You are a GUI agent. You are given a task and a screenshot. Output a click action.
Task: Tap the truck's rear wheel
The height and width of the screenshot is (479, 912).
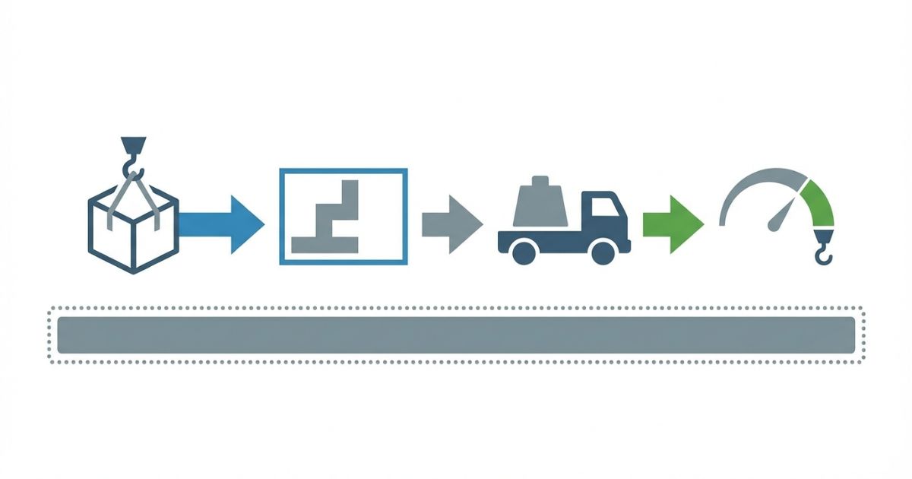coord(524,252)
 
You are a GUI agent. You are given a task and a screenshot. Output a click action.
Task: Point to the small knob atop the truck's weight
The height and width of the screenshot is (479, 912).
coord(541,180)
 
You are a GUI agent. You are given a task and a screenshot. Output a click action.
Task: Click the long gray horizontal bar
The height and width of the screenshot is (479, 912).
coord(456,335)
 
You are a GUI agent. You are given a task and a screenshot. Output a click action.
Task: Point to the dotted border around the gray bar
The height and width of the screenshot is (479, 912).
coord(456,308)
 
